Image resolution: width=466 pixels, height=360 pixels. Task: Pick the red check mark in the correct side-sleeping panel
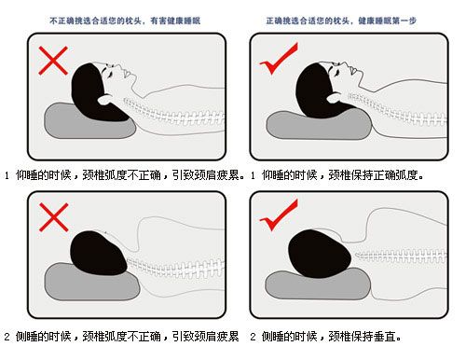(x=278, y=215)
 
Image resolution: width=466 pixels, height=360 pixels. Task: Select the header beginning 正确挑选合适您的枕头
(x=344, y=19)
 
